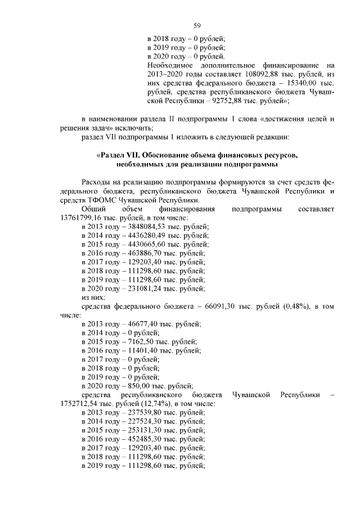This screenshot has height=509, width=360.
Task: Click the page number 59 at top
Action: [x=197, y=25]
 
